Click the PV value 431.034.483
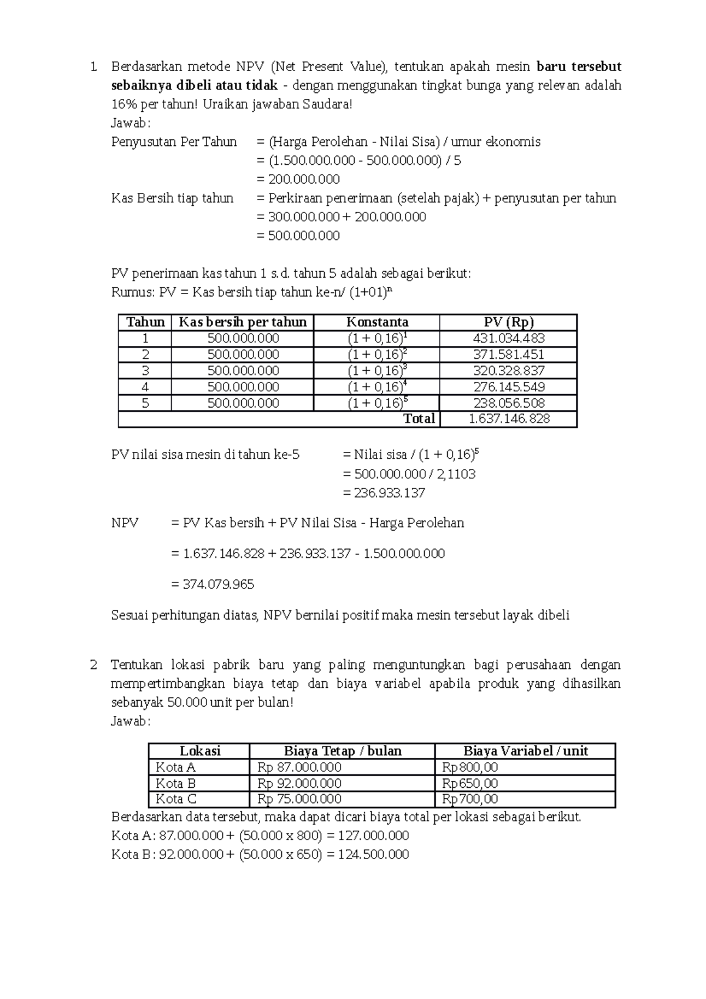(x=508, y=338)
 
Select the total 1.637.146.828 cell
(x=508, y=418)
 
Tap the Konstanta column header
(x=377, y=322)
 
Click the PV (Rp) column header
(x=508, y=322)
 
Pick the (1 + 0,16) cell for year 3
(x=377, y=371)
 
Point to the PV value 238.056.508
(x=508, y=403)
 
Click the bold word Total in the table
(x=419, y=418)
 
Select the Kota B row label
(x=175, y=783)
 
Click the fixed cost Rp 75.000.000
(x=299, y=799)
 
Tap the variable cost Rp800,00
(x=470, y=767)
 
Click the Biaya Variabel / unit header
(x=525, y=751)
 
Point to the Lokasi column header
(x=200, y=751)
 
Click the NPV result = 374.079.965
(x=212, y=584)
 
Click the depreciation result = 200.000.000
(x=298, y=179)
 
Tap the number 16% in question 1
(x=122, y=104)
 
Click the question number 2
(x=94, y=665)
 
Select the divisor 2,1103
(x=456, y=474)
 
